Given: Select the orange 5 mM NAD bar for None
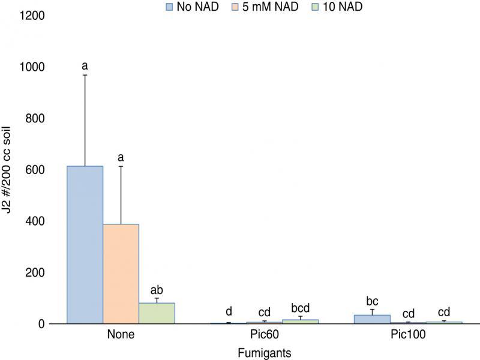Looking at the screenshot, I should click(x=121, y=274).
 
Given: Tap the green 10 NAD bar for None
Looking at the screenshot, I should click(x=157, y=313).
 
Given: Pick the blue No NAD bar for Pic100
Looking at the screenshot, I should click(x=373, y=319).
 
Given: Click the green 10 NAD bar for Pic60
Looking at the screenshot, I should click(x=301, y=322).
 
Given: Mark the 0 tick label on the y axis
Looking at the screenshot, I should click(x=41, y=324).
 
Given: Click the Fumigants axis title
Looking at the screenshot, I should click(x=264, y=353).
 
